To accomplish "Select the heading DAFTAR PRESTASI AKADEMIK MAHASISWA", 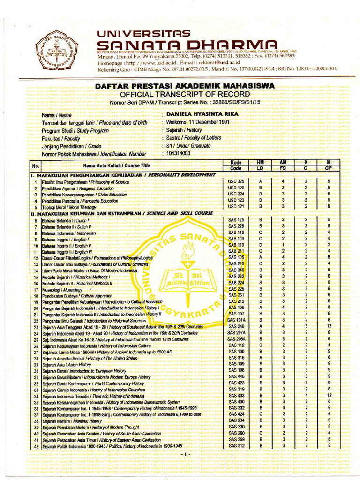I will [184, 86].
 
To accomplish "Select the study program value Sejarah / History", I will [184, 130].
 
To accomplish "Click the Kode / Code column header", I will [236, 165].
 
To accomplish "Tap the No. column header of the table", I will [35, 165].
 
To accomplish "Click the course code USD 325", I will [236, 181].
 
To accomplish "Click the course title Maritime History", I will [72, 421].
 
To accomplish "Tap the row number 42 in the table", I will [35, 446].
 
